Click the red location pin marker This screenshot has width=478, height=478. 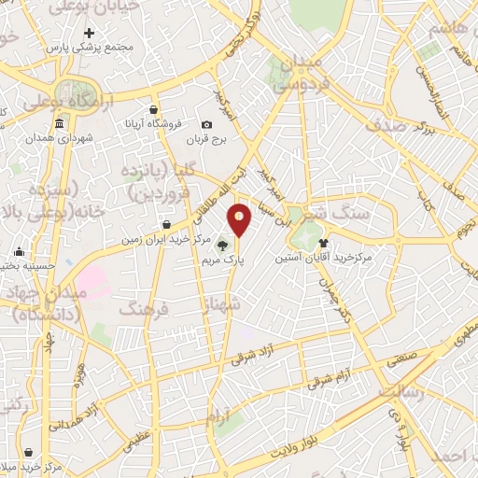pyautogui.click(x=240, y=220)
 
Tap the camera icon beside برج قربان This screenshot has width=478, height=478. pyautogui.click(x=206, y=125)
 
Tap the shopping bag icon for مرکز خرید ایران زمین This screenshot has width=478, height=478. pyautogui.click(x=166, y=224)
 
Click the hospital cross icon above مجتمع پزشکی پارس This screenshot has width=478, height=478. pyautogui.click(x=89, y=34)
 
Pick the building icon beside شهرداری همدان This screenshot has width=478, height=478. pyautogui.click(x=60, y=124)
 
